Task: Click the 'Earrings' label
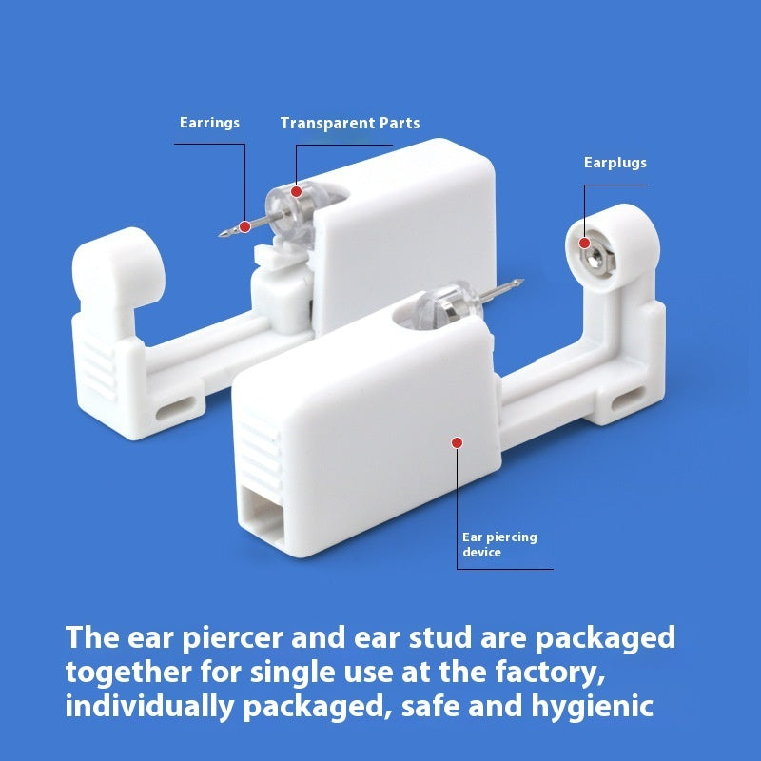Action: (209, 123)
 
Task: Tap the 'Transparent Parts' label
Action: (349, 123)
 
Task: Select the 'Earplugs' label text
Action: (615, 163)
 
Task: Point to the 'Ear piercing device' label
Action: (498, 544)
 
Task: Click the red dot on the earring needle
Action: (244, 225)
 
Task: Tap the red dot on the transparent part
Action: (296, 192)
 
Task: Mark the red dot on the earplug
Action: (583, 242)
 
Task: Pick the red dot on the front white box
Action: (458, 442)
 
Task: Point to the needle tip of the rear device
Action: (221, 233)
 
